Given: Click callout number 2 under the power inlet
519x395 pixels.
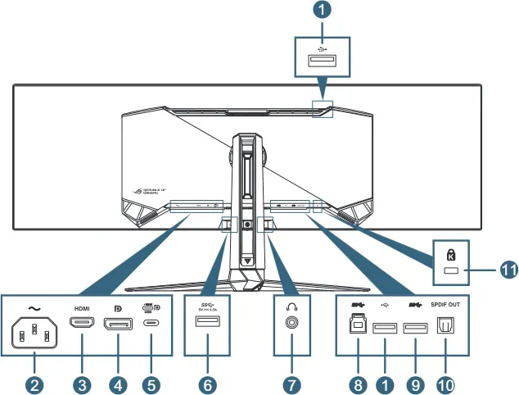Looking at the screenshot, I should pos(35,383).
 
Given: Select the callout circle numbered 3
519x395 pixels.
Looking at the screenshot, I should pos(83,383).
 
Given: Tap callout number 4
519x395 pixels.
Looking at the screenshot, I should pos(117,383).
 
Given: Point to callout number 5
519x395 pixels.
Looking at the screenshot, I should pos(151,383).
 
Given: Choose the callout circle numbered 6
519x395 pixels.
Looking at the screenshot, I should pos(207,383).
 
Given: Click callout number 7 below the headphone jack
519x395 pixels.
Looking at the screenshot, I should pos(291,383).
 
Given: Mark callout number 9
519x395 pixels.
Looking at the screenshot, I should pos(416,383).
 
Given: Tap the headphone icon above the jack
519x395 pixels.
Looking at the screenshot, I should pos(291,306).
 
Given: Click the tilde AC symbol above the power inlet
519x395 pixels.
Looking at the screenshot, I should pos(34,307).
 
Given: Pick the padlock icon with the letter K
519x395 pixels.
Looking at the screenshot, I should pos(450,255).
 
